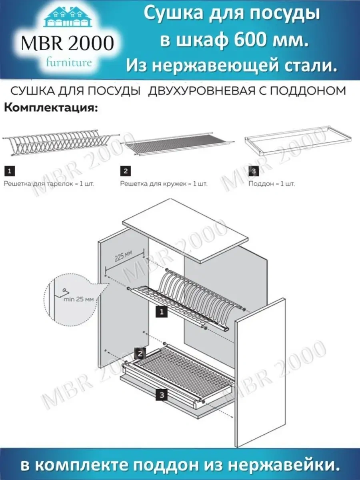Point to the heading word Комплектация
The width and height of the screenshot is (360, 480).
click(x=50, y=108)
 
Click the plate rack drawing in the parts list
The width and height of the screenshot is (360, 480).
click(x=60, y=142)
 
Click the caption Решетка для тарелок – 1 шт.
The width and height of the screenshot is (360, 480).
click(x=49, y=184)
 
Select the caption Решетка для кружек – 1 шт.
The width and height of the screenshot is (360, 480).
click(x=164, y=184)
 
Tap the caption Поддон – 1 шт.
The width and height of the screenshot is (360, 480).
click(x=272, y=184)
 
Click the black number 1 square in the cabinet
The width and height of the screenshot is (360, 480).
click(x=161, y=312)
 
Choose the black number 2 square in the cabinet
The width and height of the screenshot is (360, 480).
click(x=140, y=354)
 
